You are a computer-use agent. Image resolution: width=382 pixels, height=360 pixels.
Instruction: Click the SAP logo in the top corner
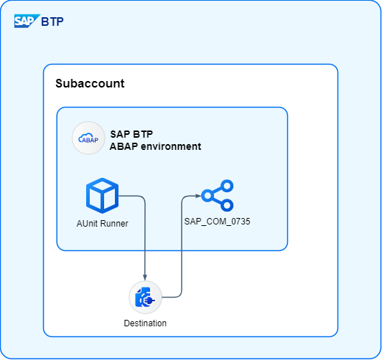pos(27,22)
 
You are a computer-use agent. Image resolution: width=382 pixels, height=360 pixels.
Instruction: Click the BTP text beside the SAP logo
pos(52,22)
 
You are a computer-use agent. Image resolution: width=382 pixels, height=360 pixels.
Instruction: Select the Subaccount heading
pos(90,83)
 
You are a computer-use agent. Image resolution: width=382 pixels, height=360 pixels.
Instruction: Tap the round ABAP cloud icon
pos(88,138)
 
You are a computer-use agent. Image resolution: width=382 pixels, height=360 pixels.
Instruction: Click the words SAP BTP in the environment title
pos(131,134)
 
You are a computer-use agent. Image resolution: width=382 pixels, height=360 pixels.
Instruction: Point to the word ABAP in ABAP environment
pos(124,146)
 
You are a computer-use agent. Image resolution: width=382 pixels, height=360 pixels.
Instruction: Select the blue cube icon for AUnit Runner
pos(102,196)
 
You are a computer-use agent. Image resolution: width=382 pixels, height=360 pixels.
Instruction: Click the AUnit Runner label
pos(102,223)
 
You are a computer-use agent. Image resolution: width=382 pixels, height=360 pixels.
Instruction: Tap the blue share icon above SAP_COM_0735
pos(218,196)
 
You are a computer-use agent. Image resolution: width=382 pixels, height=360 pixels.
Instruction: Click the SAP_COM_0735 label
pos(217,222)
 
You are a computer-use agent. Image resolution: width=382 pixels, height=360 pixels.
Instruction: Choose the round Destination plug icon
pos(146,297)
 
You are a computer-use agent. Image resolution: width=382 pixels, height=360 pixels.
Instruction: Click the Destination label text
pos(145,323)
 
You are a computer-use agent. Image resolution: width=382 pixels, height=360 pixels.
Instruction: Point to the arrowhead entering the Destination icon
pos(145,278)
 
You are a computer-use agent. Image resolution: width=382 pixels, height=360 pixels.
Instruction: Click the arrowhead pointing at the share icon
pos(198,196)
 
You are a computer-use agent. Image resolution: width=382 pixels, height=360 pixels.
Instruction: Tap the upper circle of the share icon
pos(227,186)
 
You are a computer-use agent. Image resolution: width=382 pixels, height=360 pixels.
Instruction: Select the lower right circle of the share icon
pos(227,205)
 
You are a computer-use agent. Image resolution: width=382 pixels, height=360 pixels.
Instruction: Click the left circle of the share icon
pos(208,196)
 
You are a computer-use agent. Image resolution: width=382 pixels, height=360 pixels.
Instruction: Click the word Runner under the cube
pos(114,223)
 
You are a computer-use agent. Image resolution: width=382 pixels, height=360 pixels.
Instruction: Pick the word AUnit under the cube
pos(87,223)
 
